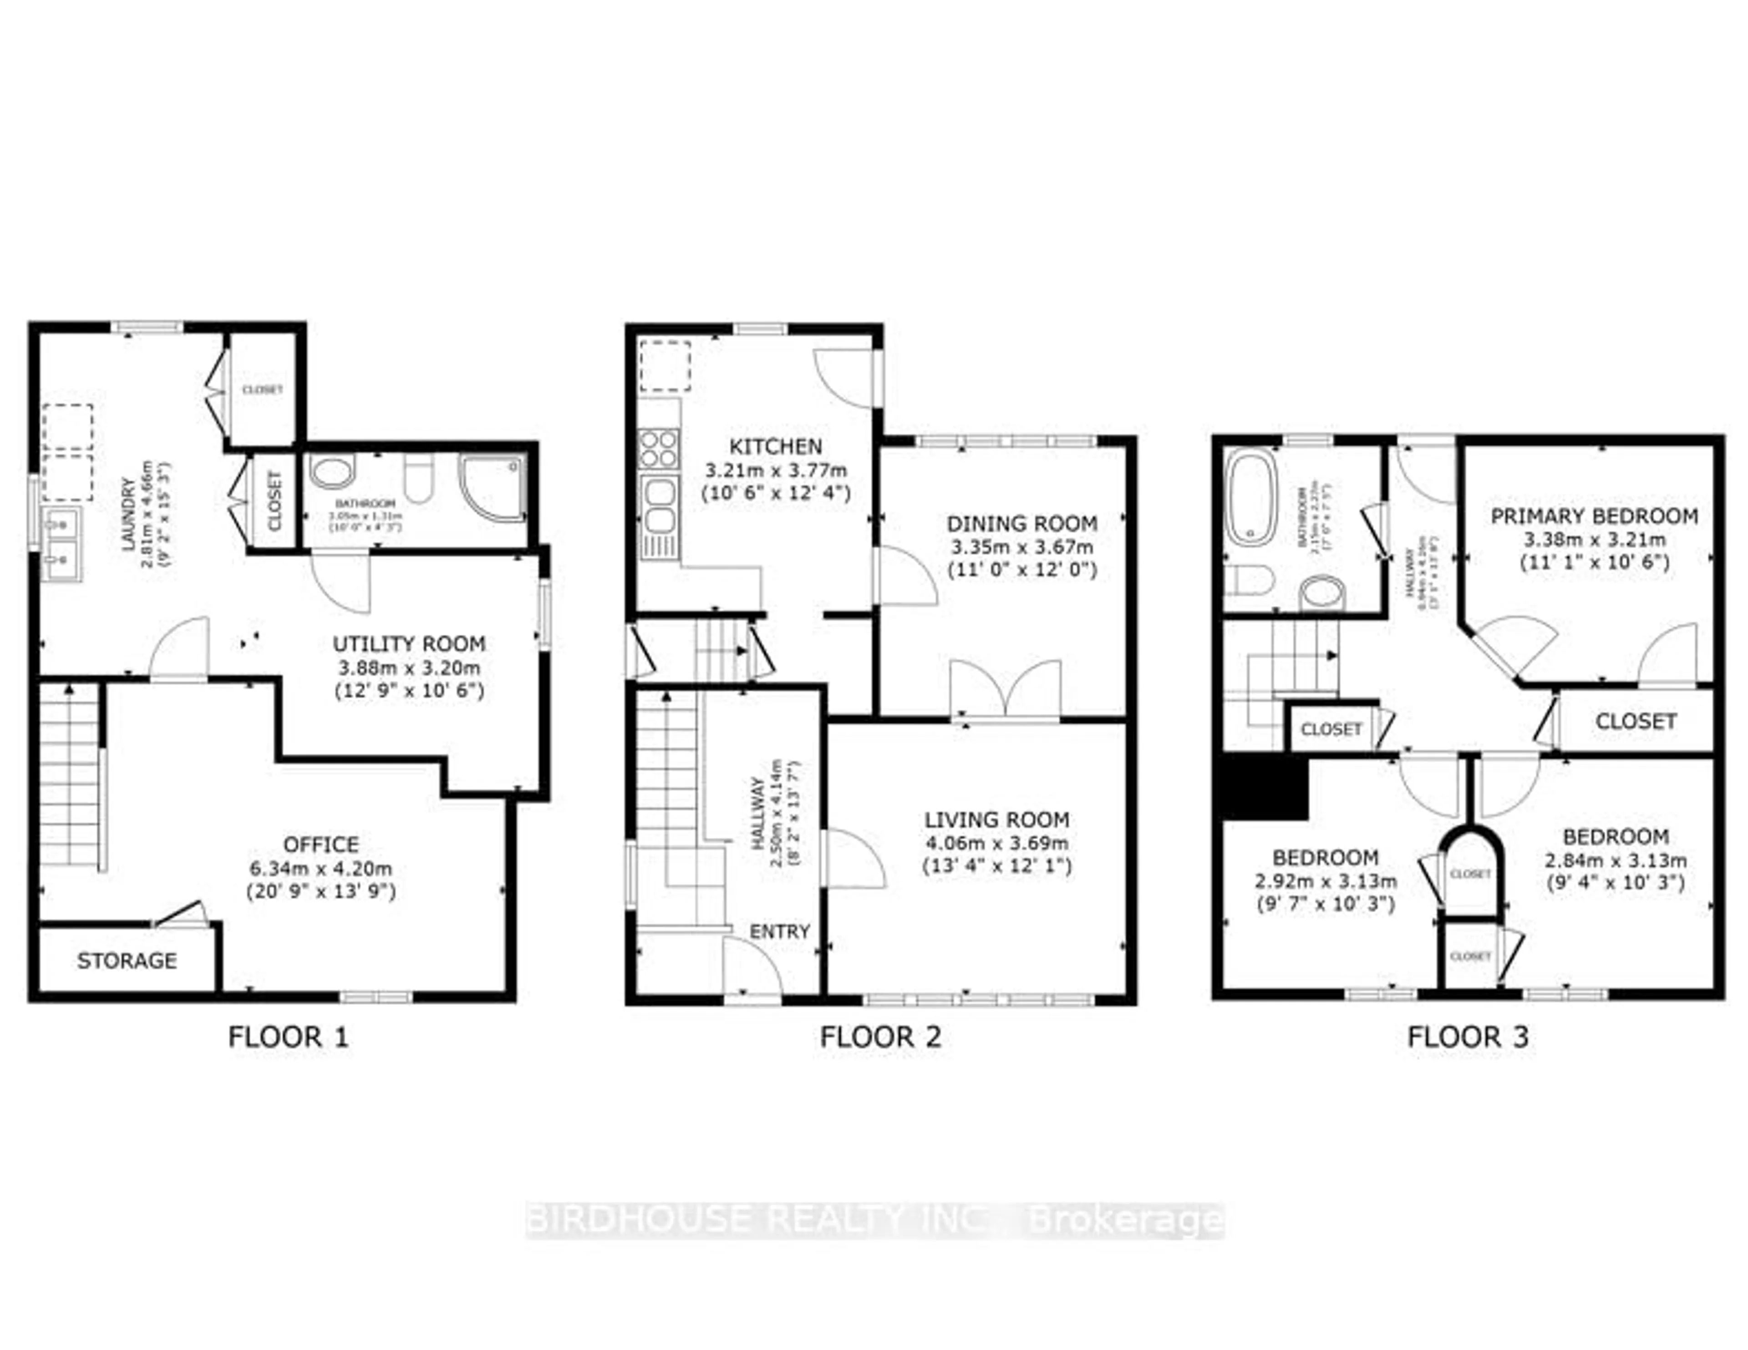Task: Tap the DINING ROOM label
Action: pyautogui.click(x=1021, y=524)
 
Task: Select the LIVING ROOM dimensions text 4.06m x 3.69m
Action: pyautogui.click(x=996, y=843)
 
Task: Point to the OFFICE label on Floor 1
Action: pyautogui.click(x=321, y=845)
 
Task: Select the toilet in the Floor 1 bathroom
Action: pyautogui.click(x=418, y=479)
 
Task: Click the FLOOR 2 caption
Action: pyautogui.click(x=880, y=1038)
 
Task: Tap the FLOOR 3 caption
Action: pyautogui.click(x=1468, y=1038)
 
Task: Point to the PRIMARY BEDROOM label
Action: pyautogui.click(x=1594, y=516)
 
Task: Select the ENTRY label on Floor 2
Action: pyautogui.click(x=780, y=931)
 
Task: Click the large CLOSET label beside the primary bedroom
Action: pyautogui.click(x=1635, y=722)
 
